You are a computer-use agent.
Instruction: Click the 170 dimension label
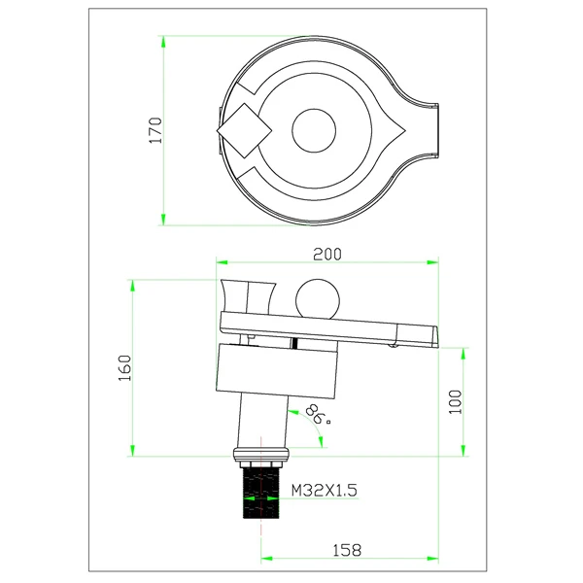click(155, 130)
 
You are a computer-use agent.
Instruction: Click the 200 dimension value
click(327, 255)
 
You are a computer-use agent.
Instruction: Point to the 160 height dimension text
click(125, 367)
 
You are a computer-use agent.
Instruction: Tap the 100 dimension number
click(456, 401)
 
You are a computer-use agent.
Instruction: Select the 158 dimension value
click(347, 550)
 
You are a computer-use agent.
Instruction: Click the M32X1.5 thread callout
click(324, 490)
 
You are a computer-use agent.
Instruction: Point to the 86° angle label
click(318, 415)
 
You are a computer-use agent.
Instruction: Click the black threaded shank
click(261, 493)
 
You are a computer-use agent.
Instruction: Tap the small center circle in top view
click(314, 130)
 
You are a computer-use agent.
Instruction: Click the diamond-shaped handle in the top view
click(244, 130)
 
